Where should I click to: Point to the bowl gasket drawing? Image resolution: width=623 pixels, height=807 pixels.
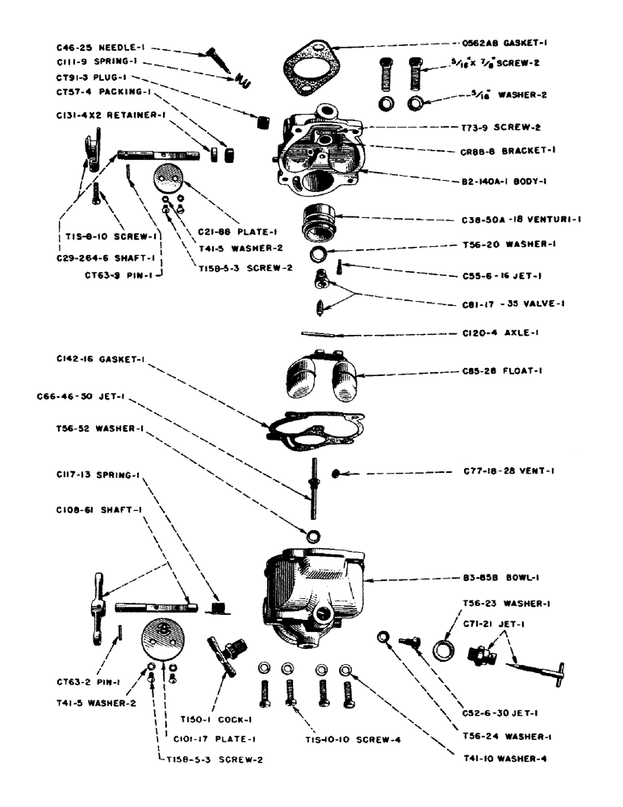click(x=318, y=427)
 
